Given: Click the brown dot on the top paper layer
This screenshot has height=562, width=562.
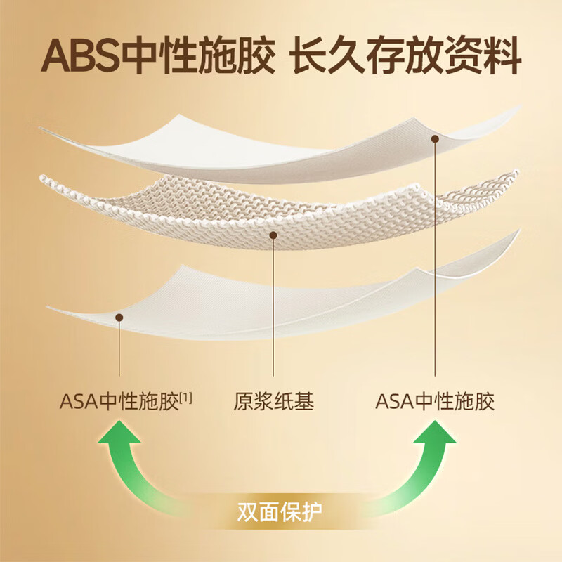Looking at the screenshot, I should [x=436, y=140].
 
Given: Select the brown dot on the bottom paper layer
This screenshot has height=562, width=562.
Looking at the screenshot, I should [x=119, y=318].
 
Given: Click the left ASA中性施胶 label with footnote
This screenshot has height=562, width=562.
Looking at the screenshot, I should [x=119, y=402].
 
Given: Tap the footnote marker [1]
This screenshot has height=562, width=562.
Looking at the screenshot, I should [x=186, y=398].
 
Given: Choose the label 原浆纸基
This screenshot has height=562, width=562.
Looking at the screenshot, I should [x=273, y=402].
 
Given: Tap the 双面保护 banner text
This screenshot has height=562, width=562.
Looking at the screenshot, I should [x=280, y=507].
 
